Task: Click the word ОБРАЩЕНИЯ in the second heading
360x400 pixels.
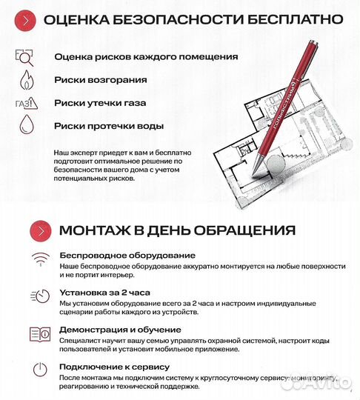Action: [231, 230]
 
